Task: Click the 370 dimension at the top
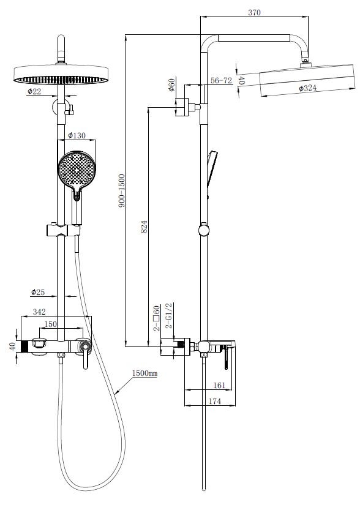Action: pos(254,12)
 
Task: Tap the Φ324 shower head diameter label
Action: pos(307,88)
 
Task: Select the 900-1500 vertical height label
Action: pos(122,191)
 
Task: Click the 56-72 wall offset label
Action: pos(221,80)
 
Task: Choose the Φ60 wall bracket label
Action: pos(171,84)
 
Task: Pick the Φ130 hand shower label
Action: pos(77,135)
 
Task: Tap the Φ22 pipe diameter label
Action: pos(34,91)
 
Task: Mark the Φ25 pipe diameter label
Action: pos(38,292)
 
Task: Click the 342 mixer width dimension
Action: pos(39,312)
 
